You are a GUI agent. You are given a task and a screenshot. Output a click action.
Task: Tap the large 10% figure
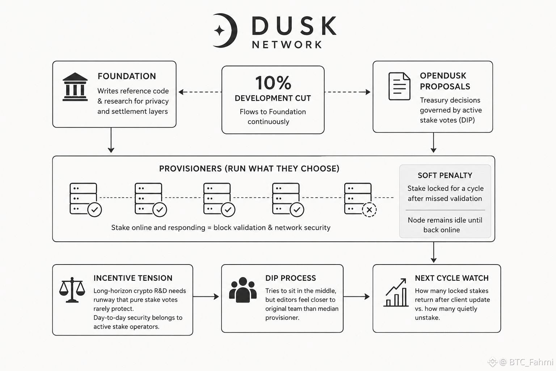[x=273, y=83]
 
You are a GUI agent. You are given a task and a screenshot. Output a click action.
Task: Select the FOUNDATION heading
[x=127, y=76]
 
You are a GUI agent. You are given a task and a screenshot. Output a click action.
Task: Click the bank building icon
[x=75, y=87]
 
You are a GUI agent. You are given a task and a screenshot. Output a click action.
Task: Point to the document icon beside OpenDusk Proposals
[x=399, y=86]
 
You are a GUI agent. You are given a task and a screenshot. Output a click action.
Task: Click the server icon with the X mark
[x=360, y=200]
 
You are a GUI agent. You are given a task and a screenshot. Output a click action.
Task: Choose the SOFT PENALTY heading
[x=445, y=175]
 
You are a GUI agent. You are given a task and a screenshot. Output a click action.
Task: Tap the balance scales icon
[x=72, y=290]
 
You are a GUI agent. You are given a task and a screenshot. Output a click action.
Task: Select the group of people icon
[x=243, y=290]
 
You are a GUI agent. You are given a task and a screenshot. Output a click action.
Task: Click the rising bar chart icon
[x=396, y=292]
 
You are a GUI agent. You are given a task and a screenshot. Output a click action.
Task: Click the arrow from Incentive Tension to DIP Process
[x=206, y=296]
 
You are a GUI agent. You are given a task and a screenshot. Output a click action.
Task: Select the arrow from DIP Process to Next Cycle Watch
[x=357, y=296]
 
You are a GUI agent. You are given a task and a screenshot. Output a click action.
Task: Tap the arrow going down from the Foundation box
[x=111, y=140]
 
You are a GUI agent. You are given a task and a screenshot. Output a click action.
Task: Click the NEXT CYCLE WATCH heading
[x=452, y=278]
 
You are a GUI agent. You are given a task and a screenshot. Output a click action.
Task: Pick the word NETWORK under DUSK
[x=287, y=45]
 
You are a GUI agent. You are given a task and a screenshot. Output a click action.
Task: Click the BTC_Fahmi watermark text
[x=531, y=362]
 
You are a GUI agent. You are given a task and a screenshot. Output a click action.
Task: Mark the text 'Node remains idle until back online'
[x=445, y=225]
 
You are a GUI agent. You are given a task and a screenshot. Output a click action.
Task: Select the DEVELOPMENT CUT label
[x=273, y=98]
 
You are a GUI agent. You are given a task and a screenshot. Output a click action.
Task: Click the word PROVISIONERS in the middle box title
[x=190, y=169]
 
